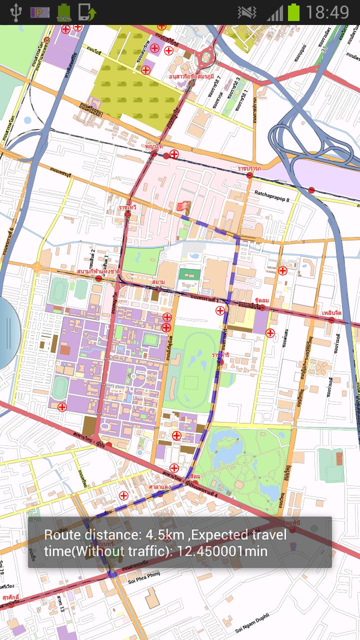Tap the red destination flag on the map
pyautogui.click(x=182, y=206)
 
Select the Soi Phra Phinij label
pyautogui.click(x=146, y=581)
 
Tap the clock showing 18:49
pyautogui.click(x=326, y=12)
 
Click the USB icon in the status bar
pyautogui.click(x=15, y=12)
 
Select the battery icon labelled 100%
pyautogui.click(x=63, y=12)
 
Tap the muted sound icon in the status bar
pyautogui.click(x=246, y=12)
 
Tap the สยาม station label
pyautogui.click(x=158, y=282)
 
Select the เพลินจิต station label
pyautogui.click(x=331, y=312)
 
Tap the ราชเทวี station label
pyautogui.click(x=127, y=206)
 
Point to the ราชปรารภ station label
pyautogui.click(x=249, y=168)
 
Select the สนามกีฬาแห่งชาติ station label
pyautogui.click(x=98, y=271)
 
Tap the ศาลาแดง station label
pyautogui.click(x=160, y=486)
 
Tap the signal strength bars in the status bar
pyautogui.click(x=274, y=12)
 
